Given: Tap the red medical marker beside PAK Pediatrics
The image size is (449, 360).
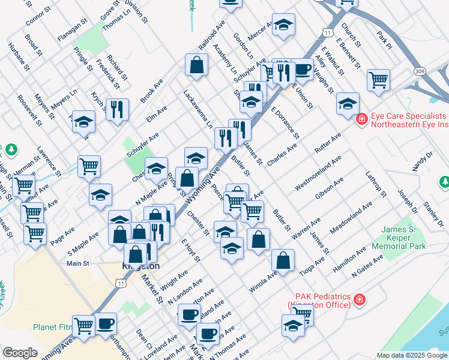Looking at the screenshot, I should click(x=360, y=299).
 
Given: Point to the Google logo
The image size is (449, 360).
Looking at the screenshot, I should click(x=20, y=352).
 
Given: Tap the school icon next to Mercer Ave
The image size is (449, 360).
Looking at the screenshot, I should click(x=283, y=26).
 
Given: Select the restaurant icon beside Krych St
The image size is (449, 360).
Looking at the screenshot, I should click(x=117, y=110).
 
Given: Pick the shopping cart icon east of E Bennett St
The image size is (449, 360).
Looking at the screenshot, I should click(x=378, y=80).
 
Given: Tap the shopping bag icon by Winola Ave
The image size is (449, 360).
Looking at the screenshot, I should click(x=283, y=261).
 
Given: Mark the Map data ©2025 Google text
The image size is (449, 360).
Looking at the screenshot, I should click(x=411, y=355).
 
